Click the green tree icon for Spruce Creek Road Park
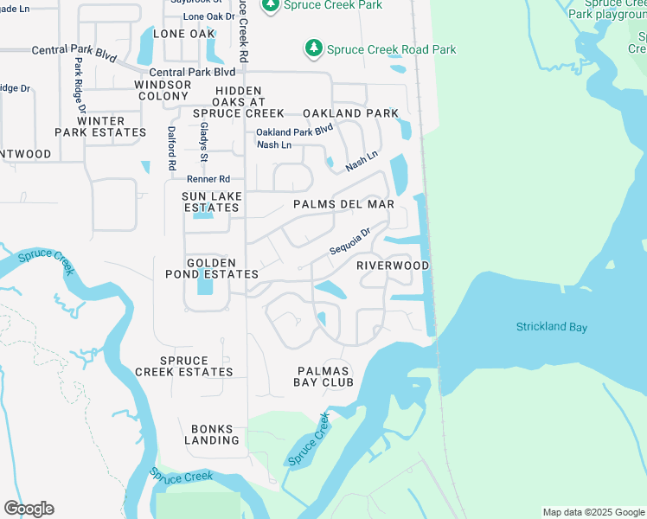click(x=313, y=48)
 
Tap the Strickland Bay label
click(x=552, y=327)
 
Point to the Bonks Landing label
click(x=211, y=434)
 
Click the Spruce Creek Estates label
click(x=183, y=367)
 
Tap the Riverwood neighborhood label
click(x=393, y=266)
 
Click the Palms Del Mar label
click(x=343, y=204)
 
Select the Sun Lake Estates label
click(x=211, y=202)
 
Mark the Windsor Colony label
click(x=163, y=91)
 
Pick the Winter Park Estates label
click(x=101, y=127)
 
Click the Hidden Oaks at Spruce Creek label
click(x=238, y=102)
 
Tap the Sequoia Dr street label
click(x=349, y=241)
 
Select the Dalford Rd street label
click(x=172, y=146)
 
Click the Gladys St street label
click(x=204, y=141)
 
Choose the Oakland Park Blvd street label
click(x=294, y=131)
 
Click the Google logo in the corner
click(x=29, y=509)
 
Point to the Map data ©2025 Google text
click(x=593, y=512)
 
